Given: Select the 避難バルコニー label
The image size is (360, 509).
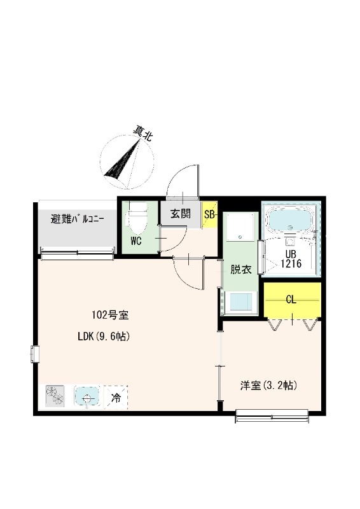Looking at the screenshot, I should tap(78, 220).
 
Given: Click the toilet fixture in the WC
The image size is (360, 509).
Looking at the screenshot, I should tap(137, 219).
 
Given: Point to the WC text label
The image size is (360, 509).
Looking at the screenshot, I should tap(136, 241).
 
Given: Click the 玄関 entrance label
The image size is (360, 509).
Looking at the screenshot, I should tap(180, 214).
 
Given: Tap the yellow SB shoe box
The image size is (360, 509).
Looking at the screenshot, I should tap(210, 214).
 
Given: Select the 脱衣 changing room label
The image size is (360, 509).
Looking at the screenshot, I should tap(241, 268).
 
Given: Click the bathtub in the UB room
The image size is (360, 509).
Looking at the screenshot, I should tap(289, 220).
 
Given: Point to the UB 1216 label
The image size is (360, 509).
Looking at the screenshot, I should tap(290, 257).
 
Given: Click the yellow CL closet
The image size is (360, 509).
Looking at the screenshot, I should tap(292, 300).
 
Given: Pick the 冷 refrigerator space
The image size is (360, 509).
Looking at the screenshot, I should tap(116, 398).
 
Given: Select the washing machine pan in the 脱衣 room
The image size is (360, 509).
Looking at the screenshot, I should tap(240, 227).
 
